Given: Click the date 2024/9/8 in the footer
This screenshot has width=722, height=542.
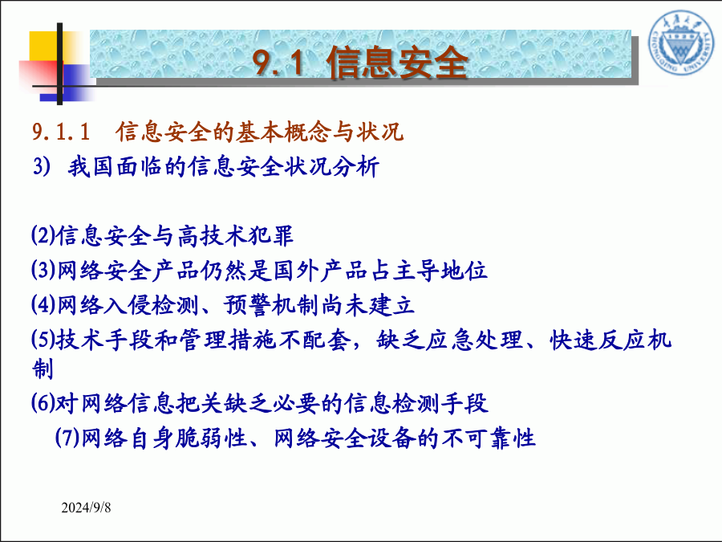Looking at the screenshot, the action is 86,508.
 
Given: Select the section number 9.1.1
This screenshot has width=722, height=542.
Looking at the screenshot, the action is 61,132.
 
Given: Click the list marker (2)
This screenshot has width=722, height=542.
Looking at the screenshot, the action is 43,235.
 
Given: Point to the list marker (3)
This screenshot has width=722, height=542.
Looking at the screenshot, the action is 43,270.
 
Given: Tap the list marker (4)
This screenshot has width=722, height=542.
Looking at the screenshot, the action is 43,304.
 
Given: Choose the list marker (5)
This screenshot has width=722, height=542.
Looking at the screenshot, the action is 43,339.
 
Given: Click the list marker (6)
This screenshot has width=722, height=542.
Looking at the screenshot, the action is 43,402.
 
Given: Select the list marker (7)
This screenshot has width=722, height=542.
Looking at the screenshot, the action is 67,437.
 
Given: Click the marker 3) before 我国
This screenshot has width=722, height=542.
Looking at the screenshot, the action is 42,166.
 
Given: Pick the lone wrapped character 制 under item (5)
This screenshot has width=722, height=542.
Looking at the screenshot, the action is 43,369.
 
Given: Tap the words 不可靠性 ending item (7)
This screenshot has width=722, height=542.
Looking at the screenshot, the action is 488,438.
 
